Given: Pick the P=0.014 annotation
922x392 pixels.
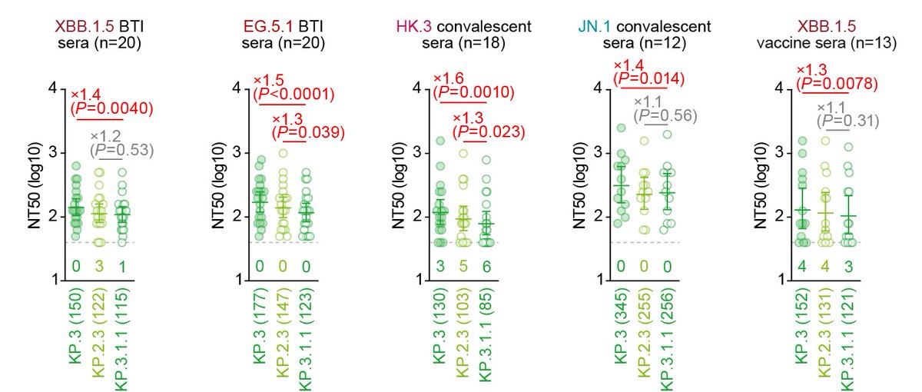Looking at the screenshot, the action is [648, 78].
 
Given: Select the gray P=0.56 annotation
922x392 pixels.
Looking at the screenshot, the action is [665, 115].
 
